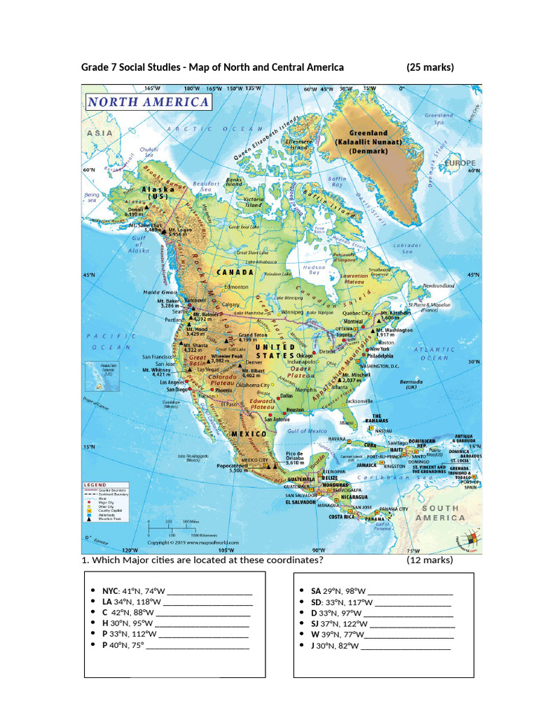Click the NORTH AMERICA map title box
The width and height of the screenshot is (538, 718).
click(148, 102)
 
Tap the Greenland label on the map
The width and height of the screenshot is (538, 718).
click(368, 133)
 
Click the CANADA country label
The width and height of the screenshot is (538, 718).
click(235, 271)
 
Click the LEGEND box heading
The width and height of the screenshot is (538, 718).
click(95, 485)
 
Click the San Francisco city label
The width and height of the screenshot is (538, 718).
click(158, 356)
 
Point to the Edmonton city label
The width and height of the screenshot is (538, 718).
click(235, 287)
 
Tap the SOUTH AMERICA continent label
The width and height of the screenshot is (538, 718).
click(440, 513)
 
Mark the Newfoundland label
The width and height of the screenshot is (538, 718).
click(439, 286)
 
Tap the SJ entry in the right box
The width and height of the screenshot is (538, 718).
click(315, 623)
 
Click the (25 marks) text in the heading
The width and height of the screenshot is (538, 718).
click(429, 67)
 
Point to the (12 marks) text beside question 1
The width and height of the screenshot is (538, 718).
click(429, 560)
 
